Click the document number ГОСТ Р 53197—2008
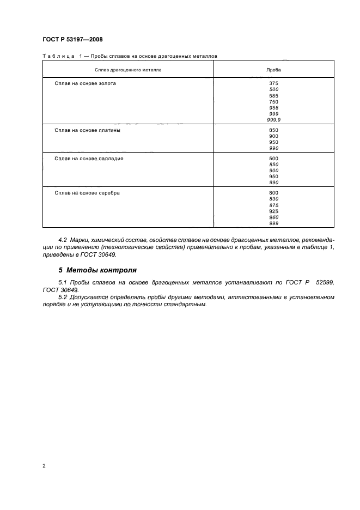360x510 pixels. click(72, 39)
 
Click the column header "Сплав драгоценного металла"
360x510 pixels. click(128, 70)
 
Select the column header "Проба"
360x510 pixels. click(273, 70)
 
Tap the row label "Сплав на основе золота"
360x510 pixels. click(85, 84)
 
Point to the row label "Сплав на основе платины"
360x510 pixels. click(87, 130)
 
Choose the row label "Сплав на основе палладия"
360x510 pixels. click(89, 159)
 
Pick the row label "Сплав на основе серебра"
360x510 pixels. click(87, 193)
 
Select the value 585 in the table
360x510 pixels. click(273, 96)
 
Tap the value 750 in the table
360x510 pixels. click(273, 102)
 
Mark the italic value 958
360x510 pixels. click(273, 108)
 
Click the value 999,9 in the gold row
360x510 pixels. click(273, 120)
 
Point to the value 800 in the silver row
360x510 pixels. click(273, 193)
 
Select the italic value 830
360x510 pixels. click(273, 199)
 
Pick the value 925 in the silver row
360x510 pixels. click(273, 211)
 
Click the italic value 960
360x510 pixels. click(273, 217)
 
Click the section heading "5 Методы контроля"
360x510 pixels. click(97, 270)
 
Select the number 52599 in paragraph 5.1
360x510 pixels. click(325, 283)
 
